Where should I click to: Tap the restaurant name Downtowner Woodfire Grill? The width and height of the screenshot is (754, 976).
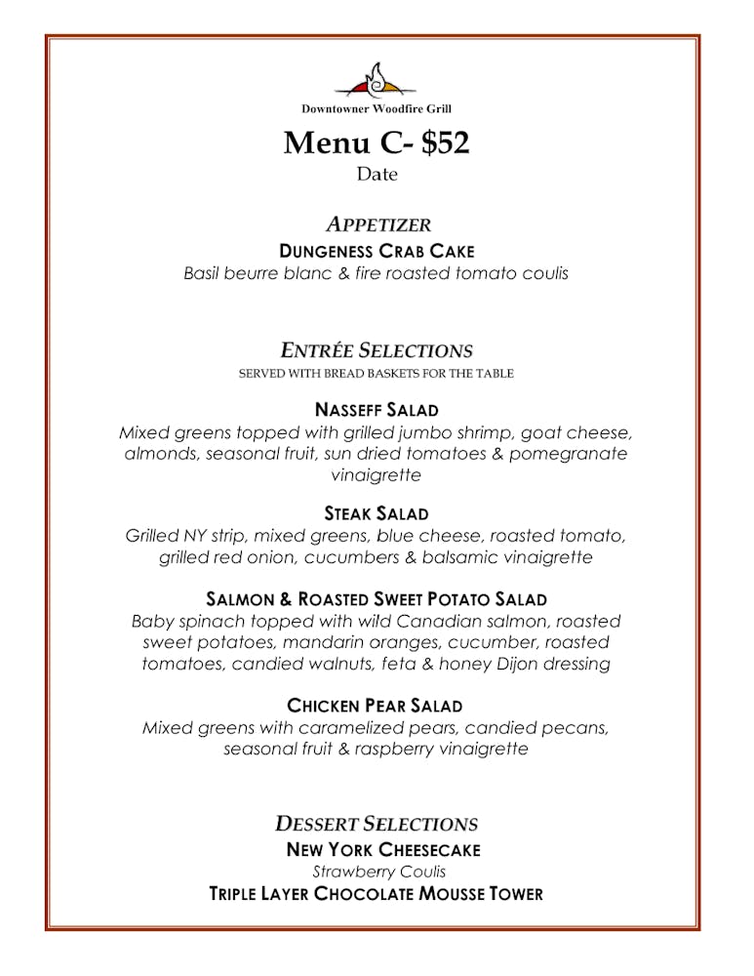point(377,109)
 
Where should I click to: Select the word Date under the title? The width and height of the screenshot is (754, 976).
point(377,175)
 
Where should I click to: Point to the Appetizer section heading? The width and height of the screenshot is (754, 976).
point(377,225)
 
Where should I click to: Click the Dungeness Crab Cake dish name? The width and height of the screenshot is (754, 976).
point(377,251)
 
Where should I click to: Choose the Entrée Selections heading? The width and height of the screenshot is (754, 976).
point(377,350)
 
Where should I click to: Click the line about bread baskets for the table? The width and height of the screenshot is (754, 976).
point(377,374)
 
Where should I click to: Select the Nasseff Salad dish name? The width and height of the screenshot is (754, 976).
point(377,409)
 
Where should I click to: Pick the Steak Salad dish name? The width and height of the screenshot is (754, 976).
point(377,513)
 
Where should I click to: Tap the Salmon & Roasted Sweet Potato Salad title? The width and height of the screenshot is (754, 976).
point(377,599)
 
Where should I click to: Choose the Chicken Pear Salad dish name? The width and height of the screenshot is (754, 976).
point(375,705)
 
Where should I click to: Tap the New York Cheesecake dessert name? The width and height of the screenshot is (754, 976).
point(383,850)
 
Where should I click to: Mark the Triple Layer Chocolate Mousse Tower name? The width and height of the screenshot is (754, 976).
point(377,894)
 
